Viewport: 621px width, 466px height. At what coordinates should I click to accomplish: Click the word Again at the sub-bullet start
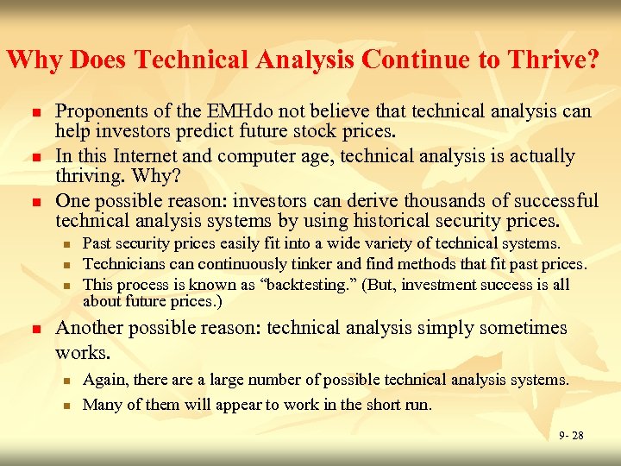pyautogui.click(x=103, y=380)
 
